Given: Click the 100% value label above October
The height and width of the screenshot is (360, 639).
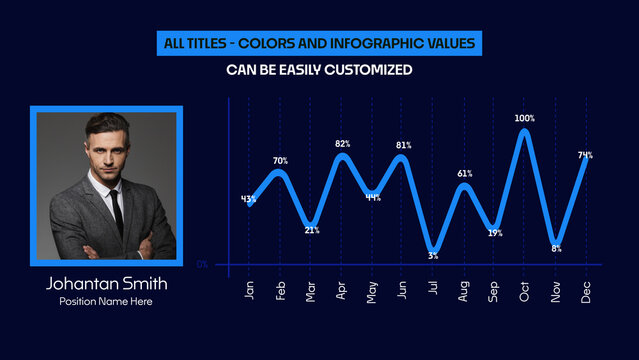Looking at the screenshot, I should pos(525,118).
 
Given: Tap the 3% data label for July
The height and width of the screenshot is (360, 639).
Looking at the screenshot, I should pos(433,256).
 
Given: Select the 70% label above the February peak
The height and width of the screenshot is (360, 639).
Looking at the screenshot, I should pos(280,161).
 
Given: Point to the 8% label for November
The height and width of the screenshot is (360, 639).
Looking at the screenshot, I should pos(556,248).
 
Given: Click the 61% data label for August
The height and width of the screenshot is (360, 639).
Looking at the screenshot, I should pos(464,174).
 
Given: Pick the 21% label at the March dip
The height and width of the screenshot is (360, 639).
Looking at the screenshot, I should pos(311,231).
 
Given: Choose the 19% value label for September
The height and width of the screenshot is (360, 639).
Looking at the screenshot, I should pos(494,233).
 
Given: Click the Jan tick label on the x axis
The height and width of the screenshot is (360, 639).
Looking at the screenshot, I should pos(249,290).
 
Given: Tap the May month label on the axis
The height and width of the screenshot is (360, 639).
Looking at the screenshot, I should pos(372,290).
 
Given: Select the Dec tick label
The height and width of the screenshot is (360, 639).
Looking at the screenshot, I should pos(586,290).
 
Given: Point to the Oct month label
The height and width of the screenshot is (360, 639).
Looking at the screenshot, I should pos(525,290).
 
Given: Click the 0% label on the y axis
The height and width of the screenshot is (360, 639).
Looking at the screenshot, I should pos(202,264).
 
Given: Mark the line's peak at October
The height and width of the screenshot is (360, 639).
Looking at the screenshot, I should pos(525,131).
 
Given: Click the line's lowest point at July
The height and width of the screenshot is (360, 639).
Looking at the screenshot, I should pos(433,249).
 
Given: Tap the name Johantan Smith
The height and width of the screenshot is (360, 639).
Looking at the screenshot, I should pos(107,284).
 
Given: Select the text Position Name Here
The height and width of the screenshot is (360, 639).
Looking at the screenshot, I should pos(107,302).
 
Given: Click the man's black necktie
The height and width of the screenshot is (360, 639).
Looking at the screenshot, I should pos(116,211).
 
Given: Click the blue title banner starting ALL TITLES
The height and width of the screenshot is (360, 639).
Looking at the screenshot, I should pos(320,44).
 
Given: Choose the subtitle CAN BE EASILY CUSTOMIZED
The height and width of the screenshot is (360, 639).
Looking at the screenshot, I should pos(320,70).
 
